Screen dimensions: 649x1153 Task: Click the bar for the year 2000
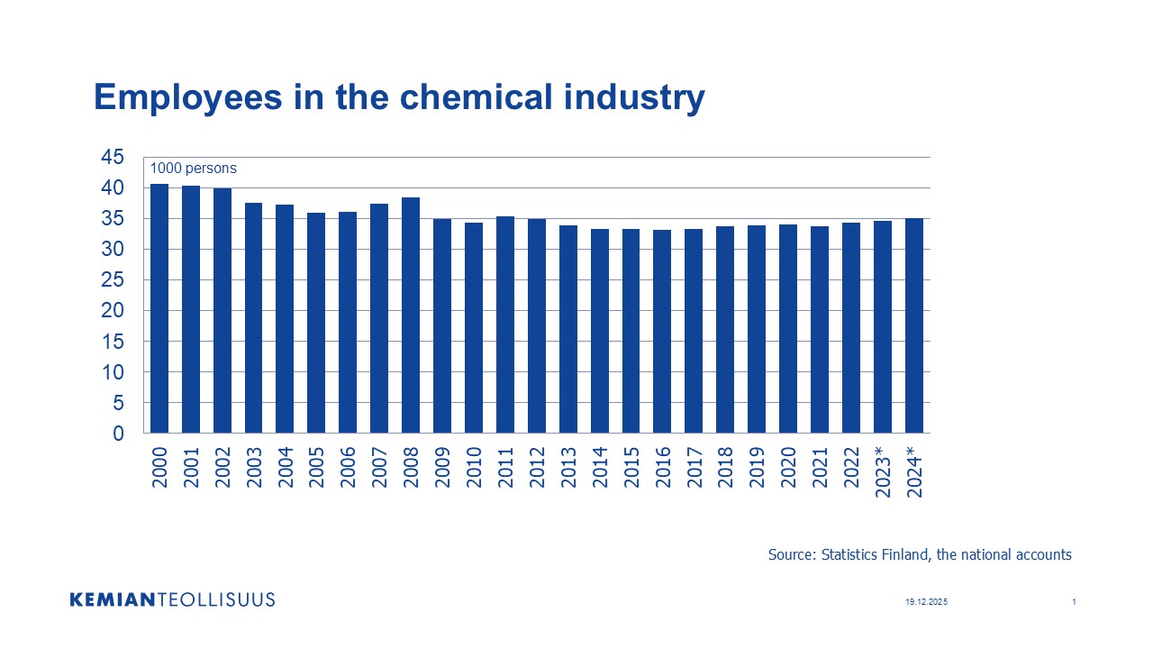pyautogui.click(x=159, y=308)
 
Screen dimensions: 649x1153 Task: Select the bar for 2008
pyautogui.click(x=411, y=315)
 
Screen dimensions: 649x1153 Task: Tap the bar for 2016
pyautogui.click(x=662, y=332)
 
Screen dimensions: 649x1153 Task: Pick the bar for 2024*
pyautogui.click(x=914, y=325)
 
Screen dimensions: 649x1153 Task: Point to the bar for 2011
pyautogui.click(x=505, y=324)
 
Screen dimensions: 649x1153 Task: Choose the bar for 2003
pyautogui.click(x=254, y=318)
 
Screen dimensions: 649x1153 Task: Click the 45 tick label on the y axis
pyautogui.click(x=112, y=158)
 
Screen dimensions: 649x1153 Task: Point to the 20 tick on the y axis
pyautogui.click(x=112, y=311)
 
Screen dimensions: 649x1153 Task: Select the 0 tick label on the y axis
pyautogui.click(x=117, y=434)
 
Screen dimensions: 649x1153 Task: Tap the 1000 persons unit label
pyautogui.click(x=193, y=169)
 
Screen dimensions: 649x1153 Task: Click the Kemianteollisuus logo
pyautogui.click(x=172, y=599)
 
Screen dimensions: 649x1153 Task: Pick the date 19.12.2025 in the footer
pyautogui.click(x=927, y=602)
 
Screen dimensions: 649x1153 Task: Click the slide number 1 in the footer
pyautogui.click(x=1075, y=602)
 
